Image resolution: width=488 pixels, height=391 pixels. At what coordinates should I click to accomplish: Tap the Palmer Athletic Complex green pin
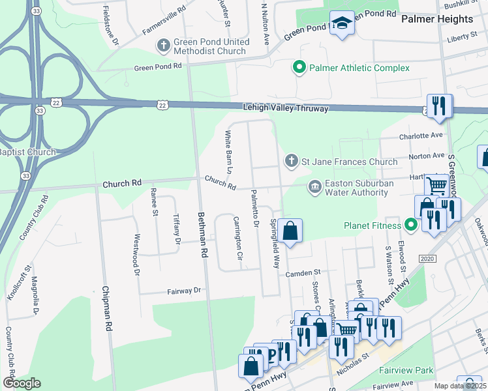coord(299,68)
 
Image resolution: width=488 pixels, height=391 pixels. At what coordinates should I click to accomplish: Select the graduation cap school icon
coord(341,25)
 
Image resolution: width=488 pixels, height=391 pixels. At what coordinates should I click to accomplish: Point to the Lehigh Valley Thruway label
coord(285,108)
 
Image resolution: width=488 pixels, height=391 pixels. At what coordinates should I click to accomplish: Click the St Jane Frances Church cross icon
coord(292,161)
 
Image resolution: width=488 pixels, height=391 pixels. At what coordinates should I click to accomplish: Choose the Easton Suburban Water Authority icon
coord(315,188)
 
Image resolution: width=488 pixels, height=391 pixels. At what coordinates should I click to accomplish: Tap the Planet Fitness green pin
coord(410,226)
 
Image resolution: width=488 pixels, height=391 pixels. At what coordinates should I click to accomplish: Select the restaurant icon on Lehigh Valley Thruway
coord(439,106)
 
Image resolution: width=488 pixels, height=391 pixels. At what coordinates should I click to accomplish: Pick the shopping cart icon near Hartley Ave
coord(437,186)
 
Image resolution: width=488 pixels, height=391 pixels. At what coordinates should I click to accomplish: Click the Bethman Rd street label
coord(203,232)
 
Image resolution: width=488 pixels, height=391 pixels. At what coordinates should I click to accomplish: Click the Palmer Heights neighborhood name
coord(437,19)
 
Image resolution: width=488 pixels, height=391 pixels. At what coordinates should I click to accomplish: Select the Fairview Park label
coord(406,370)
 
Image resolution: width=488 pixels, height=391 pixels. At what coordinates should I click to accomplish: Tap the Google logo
coord(22,383)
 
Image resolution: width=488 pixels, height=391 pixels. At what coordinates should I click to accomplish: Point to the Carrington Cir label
coord(237,239)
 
